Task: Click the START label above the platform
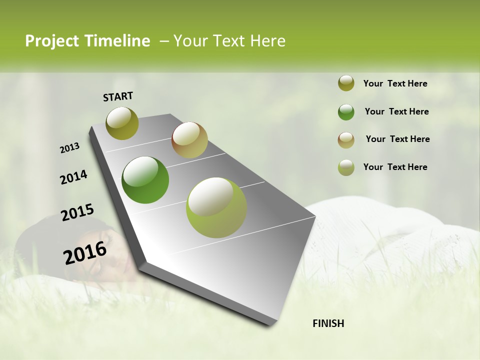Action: [118, 96]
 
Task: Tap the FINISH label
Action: [328, 323]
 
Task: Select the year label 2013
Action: [70, 148]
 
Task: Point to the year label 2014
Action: [73, 177]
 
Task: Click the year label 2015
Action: [77, 212]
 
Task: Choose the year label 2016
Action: [85, 252]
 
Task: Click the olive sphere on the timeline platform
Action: [122, 123]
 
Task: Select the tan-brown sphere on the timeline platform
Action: [189, 140]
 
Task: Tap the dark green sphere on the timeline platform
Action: [145, 180]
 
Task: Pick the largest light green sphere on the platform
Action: [216, 207]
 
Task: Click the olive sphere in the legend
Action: [346, 83]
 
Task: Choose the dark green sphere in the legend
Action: [346, 112]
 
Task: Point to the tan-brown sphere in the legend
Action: [346, 140]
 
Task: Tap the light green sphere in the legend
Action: [346, 167]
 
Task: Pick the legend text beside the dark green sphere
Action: [396, 111]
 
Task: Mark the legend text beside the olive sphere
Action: [395, 83]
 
